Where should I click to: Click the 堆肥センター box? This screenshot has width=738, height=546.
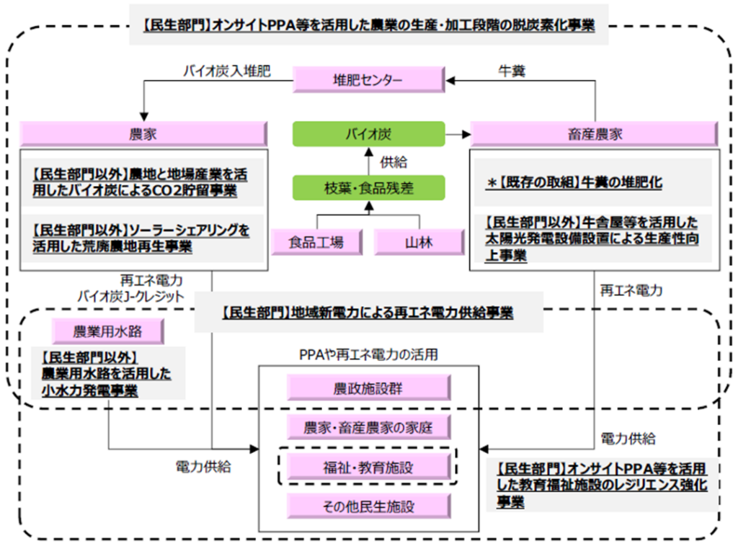pyautogui.click(x=368, y=80)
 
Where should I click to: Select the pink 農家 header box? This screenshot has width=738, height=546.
pyautogui.click(x=143, y=134)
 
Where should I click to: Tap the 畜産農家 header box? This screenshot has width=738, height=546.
pyautogui.click(x=594, y=134)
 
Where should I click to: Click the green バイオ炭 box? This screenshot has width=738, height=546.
pyautogui.click(x=368, y=134)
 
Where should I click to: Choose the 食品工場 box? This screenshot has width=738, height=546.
pyautogui.click(x=316, y=242)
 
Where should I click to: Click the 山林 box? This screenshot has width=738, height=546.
pyautogui.click(x=419, y=242)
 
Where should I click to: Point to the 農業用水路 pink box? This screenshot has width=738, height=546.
pyautogui.click(x=108, y=332)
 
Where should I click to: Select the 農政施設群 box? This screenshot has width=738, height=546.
pyautogui.click(x=368, y=388)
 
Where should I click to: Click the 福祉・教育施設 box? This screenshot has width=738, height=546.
pyautogui.click(x=368, y=467)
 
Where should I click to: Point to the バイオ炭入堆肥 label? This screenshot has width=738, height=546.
pyautogui.click(x=226, y=71)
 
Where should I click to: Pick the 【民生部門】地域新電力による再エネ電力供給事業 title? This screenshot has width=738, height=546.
pyautogui.click(x=368, y=313)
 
